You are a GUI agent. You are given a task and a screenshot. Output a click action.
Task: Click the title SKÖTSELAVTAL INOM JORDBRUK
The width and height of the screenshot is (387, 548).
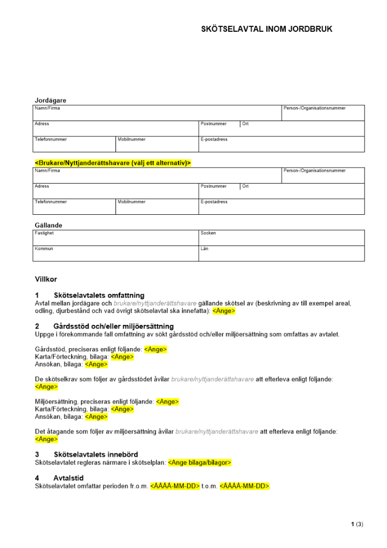click(x=267, y=29)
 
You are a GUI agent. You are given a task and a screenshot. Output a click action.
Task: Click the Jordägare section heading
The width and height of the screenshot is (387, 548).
click(x=50, y=100)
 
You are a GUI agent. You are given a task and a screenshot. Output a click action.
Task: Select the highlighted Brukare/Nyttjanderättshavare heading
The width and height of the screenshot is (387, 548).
click(x=113, y=163)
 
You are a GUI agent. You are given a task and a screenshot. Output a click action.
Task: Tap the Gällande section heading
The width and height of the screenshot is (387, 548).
click(x=49, y=225)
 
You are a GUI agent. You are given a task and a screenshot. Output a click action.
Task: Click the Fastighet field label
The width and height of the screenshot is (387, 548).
click(x=44, y=233)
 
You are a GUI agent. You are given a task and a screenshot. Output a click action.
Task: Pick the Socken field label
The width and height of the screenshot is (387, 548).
click(x=208, y=233)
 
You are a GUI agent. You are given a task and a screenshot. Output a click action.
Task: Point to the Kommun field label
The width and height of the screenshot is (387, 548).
click(x=44, y=249)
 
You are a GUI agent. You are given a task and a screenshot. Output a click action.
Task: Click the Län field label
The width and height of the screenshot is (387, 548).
click(x=204, y=249)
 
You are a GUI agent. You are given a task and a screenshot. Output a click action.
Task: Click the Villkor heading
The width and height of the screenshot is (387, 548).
click(x=46, y=279)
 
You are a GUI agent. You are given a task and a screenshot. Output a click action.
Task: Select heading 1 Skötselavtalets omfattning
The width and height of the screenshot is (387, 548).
click(x=99, y=295)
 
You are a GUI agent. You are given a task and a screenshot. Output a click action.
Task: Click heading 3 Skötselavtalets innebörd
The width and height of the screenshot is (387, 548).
click(x=95, y=454)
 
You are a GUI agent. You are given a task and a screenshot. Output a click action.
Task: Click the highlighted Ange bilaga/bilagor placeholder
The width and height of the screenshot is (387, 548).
click(x=200, y=463)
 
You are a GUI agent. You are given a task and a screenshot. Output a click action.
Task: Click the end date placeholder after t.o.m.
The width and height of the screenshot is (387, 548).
click(x=245, y=486)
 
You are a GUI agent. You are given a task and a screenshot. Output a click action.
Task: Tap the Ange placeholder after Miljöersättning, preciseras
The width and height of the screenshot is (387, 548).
click(x=167, y=402)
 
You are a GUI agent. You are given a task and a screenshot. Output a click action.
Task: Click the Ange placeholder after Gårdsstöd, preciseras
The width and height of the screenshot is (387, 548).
click(x=155, y=350)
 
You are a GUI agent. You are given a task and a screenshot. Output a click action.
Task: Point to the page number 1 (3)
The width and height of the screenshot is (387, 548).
click(x=357, y=524)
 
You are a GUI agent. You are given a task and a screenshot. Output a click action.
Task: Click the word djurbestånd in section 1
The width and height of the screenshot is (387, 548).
click(x=75, y=311)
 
